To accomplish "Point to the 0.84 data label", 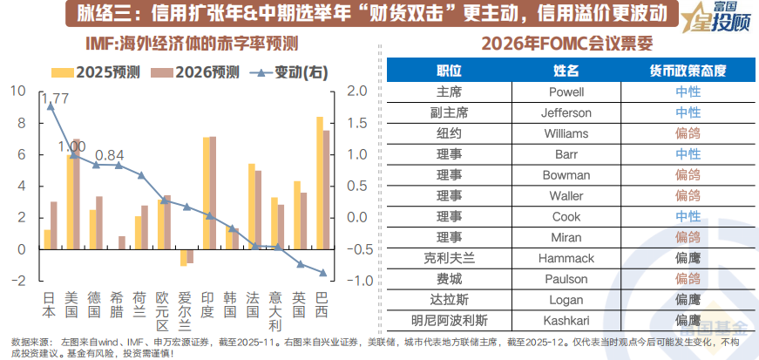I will point(110,155).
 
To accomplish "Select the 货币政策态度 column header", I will point(688,70).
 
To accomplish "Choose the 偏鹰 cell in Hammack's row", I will point(688,258).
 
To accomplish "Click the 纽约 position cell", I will point(447,132).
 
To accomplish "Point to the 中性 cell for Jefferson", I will point(688,112).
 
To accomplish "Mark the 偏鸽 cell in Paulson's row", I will point(688,279).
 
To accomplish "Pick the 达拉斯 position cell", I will point(447,300).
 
